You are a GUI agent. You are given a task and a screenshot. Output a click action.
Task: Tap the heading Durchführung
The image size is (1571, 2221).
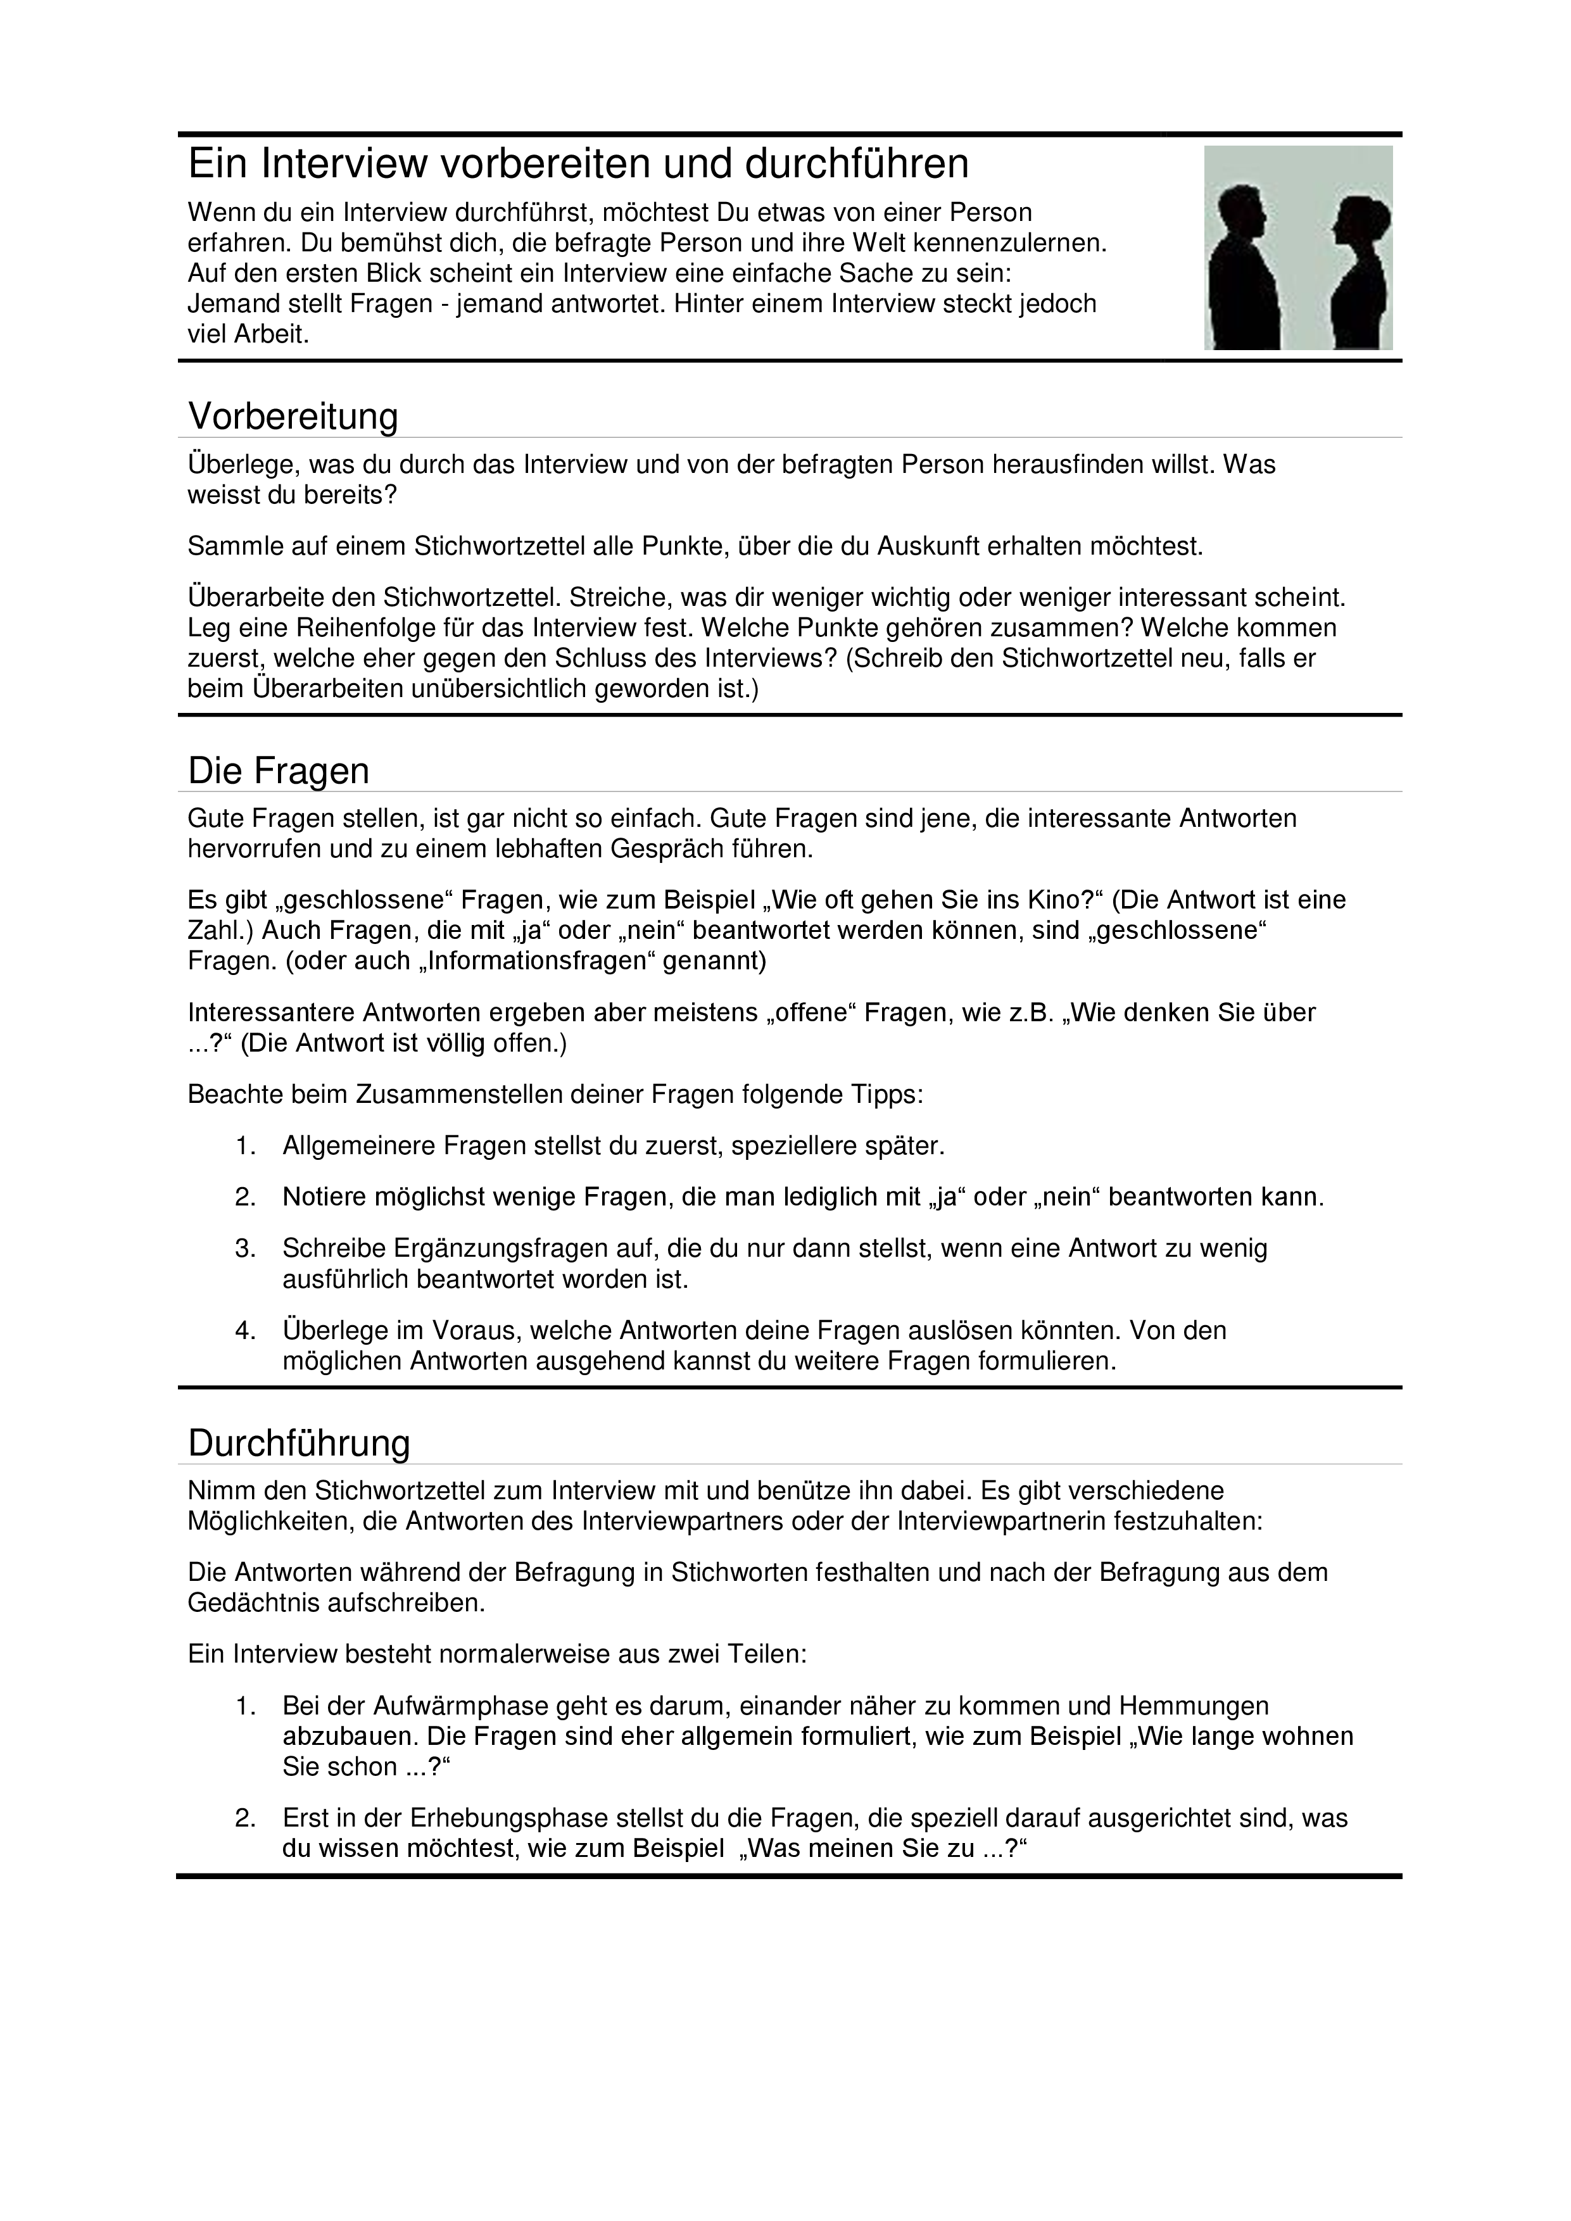[x=299, y=1444]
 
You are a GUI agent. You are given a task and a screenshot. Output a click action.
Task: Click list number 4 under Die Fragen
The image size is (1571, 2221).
[x=245, y=1330]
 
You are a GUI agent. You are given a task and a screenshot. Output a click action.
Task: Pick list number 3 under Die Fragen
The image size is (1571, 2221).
[x=245, y=1248]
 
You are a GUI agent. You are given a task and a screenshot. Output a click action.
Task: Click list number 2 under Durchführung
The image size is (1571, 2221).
[x=245, y=1818]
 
